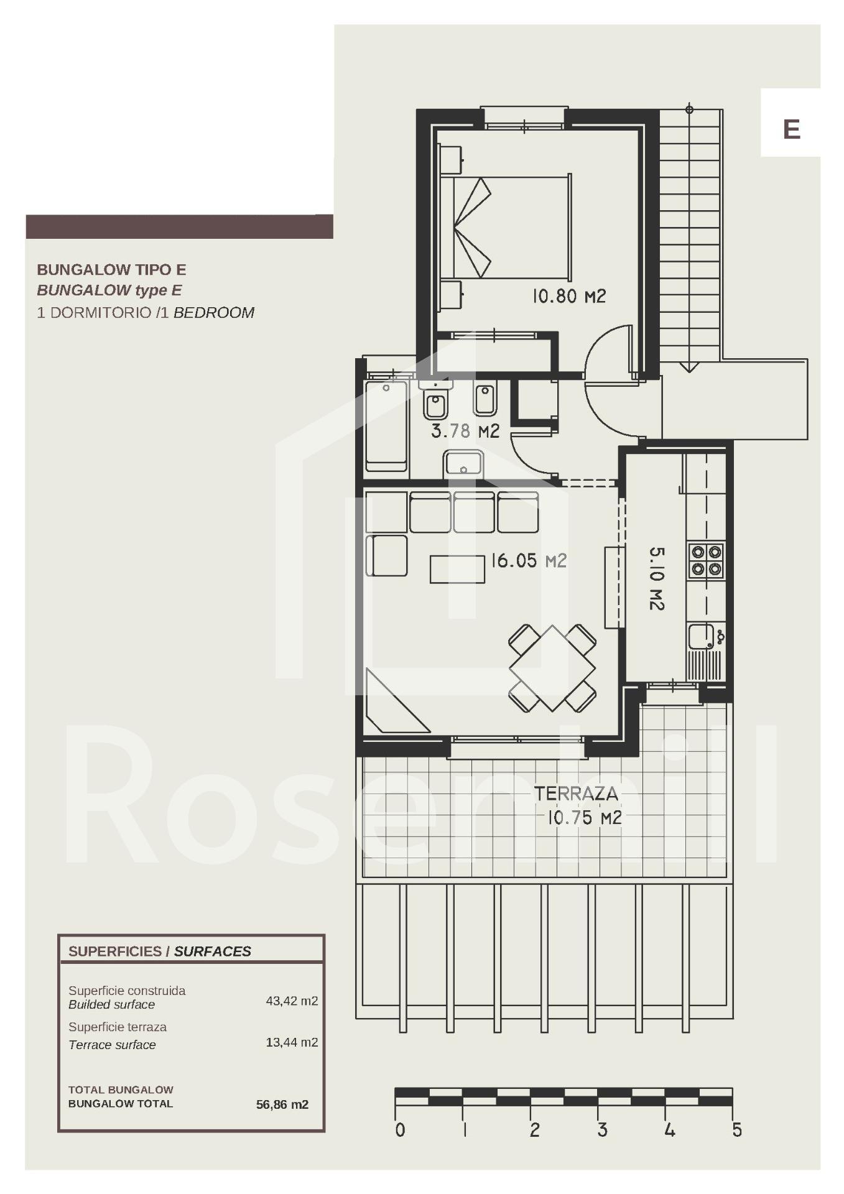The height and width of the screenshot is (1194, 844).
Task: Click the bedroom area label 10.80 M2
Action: click(568, 296)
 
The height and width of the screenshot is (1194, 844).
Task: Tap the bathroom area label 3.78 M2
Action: click(465, 431)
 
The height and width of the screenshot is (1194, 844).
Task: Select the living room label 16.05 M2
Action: click(529, 561)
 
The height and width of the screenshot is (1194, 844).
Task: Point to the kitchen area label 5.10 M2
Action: click(657, 578)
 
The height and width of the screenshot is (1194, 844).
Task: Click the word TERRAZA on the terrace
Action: click(576, 794)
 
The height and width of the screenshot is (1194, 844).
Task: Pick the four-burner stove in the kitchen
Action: click(706, 560)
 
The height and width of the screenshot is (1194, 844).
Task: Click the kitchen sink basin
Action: click(701, 636)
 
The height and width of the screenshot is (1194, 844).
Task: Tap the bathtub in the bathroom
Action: click(386, 426)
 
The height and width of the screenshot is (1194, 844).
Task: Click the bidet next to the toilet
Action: click(485, 399)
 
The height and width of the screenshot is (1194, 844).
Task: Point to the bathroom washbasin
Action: click(463, 465)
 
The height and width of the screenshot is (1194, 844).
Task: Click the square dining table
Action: click(552, 669)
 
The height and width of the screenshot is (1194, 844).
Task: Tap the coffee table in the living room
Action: click(457, 569)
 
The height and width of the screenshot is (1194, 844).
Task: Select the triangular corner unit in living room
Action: click(392, 701)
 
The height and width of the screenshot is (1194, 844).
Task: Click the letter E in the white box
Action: click(791, 129)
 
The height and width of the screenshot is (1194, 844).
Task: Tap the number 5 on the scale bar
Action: click(737, 1130)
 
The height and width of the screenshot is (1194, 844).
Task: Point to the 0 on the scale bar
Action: click(400, 1130)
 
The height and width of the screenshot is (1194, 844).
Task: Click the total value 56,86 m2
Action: click(282, 1104)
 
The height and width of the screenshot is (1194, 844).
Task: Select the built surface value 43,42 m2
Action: click(292, 1001)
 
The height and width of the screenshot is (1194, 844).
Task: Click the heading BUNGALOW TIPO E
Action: click(111, 270)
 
